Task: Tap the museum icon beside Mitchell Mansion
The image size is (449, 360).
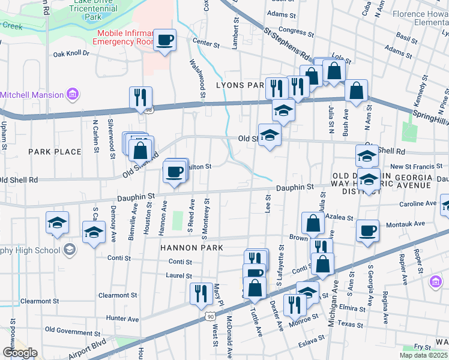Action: (x=72, y=94)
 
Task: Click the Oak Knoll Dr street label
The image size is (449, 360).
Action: (x=71, y=54)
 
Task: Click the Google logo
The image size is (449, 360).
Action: (x=20, y=353)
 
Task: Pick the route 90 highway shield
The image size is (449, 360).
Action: (x=208, y=316)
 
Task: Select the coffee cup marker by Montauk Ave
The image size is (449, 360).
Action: (x=367, y=230)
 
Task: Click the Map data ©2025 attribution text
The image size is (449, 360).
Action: (x=424, y=355)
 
